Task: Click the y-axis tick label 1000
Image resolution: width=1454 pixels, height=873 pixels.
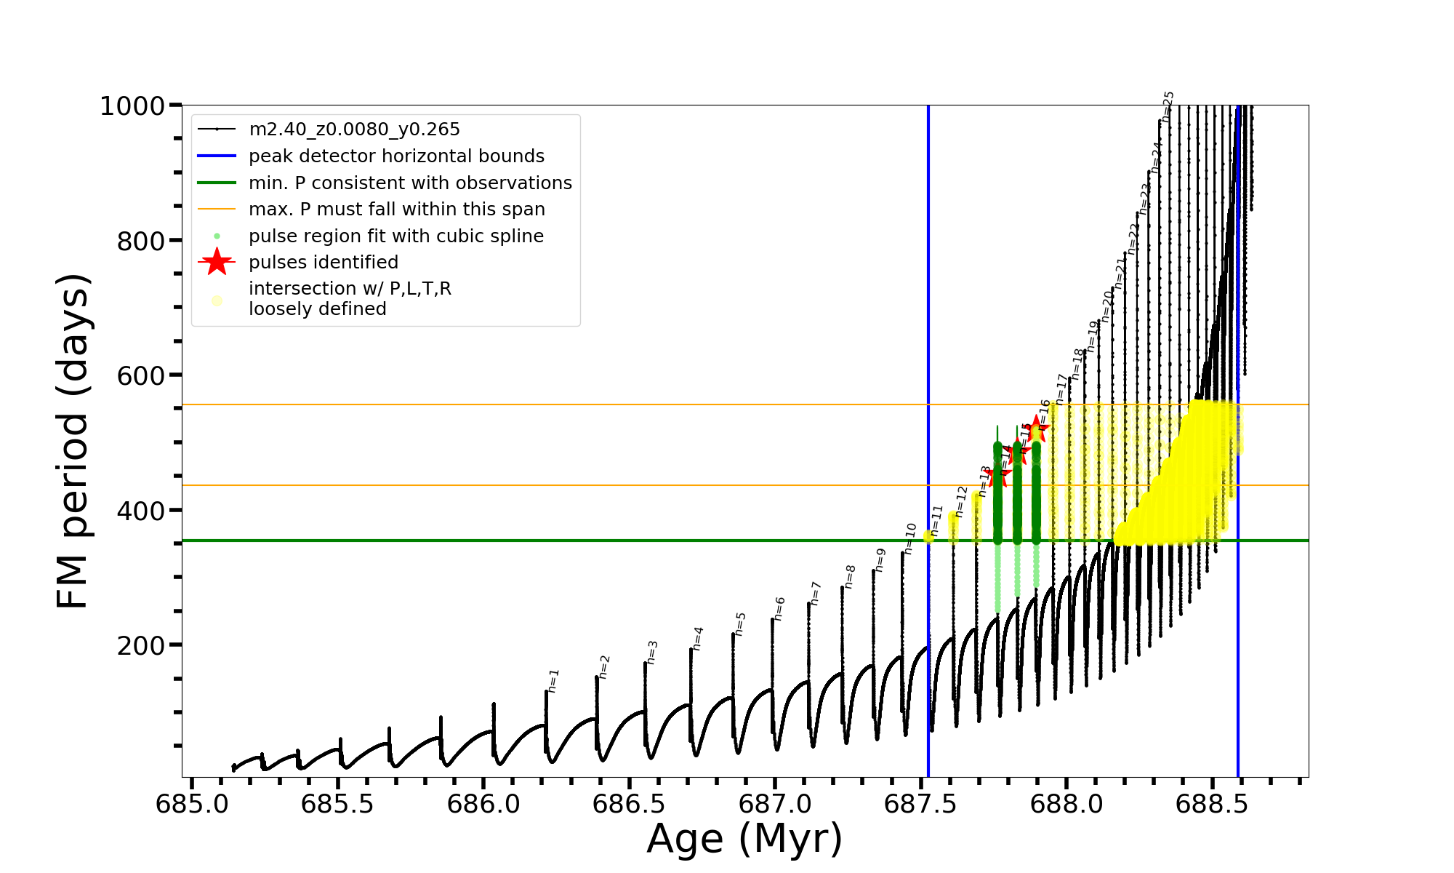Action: (132, 106)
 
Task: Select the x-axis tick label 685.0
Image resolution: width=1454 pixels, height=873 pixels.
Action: (192, 804)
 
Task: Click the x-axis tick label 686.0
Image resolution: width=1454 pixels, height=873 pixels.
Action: (483, 804)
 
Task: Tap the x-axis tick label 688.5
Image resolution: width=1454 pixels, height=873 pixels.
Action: (1212, 804)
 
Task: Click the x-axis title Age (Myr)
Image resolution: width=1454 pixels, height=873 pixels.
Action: (744, 839)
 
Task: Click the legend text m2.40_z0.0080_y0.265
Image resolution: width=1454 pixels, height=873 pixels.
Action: (354, 129)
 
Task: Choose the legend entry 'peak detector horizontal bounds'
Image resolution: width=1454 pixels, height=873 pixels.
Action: (396, 156)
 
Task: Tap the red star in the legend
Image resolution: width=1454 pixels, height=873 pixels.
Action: (217, 262)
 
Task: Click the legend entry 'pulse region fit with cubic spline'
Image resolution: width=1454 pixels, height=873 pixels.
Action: (395, 236)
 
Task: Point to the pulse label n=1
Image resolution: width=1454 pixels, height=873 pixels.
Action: (553, 680)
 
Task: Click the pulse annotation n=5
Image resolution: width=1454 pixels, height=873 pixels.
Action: (740, 623)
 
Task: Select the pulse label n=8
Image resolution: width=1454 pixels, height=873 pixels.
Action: (850, 576)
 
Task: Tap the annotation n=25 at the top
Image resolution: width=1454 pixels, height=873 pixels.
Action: (1168, 106)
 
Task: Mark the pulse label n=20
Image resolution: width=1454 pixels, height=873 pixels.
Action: (1107, 306)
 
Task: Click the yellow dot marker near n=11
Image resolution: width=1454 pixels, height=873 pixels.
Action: (928, 536)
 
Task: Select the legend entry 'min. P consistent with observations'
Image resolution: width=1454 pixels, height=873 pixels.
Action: (410, 183)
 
